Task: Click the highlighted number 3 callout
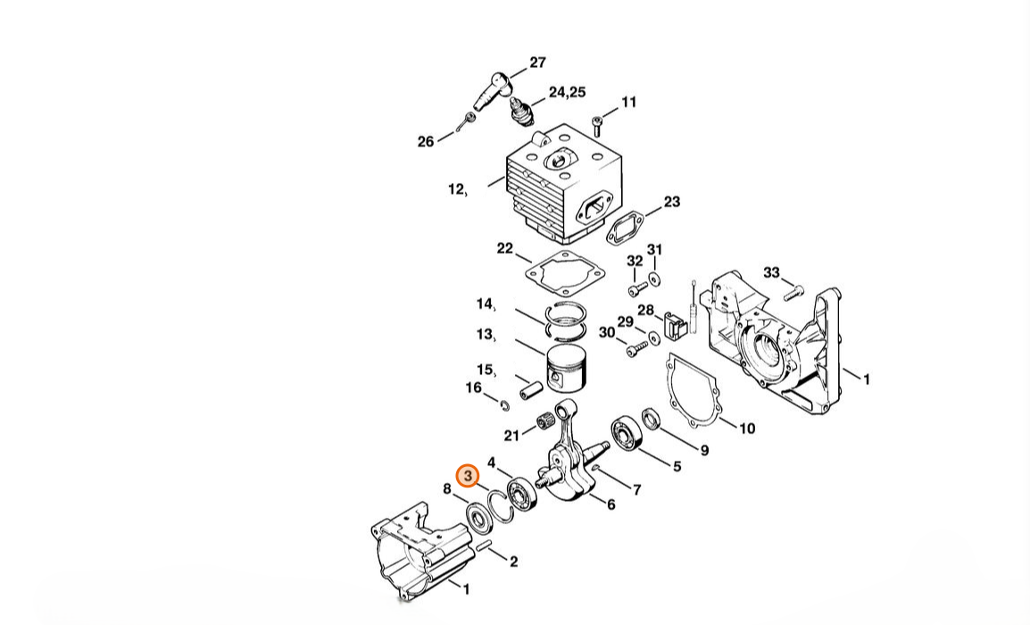pos(468,476)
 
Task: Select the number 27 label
pos(537,62)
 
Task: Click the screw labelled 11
pos(597,126)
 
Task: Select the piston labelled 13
pos(568,370)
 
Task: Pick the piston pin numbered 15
pos(530,390)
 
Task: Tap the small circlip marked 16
pos(503,404)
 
